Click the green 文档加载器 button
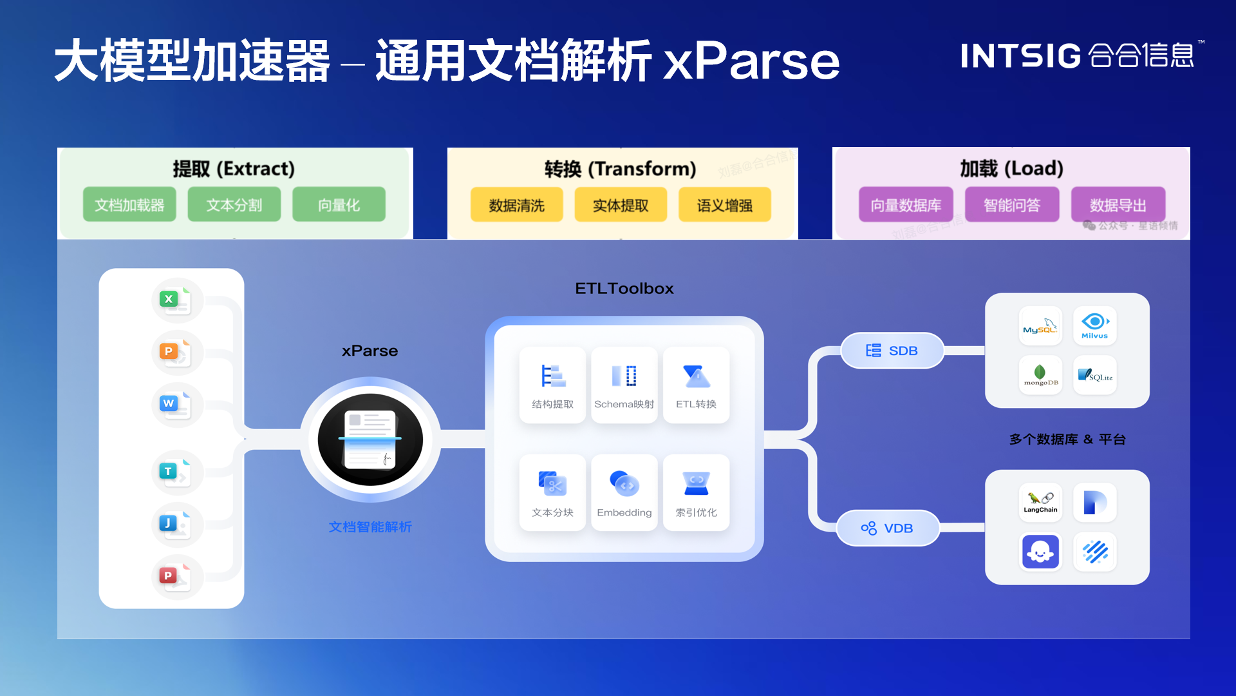coord(129,205)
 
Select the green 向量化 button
coord(339,205)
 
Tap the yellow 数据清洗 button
coord(516,205)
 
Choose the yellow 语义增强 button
coord(724,205)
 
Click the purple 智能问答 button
coord(1011,205)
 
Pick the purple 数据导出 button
coord(1118,205)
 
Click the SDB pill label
coord(892,351)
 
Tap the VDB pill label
coord(888,528)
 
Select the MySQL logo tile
coord(1040,326)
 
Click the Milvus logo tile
coord(1094,326)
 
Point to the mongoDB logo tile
coord(1040,375)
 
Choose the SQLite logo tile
coord(1094,375)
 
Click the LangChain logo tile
coord(1040,503)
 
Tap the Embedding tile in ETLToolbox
coord(624,493)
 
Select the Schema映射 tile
coord(624,385)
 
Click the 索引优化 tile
coord(696,493)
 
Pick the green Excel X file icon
coord(175,300)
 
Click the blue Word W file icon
coord(175,405)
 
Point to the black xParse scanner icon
coord(370,440)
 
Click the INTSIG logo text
coord(1020,56)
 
